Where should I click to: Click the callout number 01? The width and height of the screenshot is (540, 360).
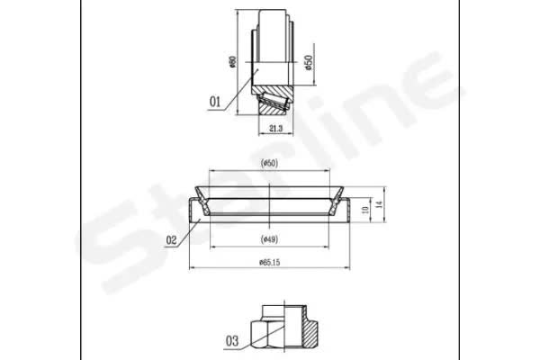pyautogui.click(x=215, y=102)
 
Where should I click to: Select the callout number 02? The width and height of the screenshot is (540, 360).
pyautogui.click(x=171, y=240)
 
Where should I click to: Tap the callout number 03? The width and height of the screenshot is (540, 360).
pyautogui.click(x=232, y=341)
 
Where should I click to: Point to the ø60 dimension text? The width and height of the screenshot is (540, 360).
pyautogui.click(x=233, y=62)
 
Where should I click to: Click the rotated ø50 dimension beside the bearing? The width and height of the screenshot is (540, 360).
pyautogui.click(x=309, y=62)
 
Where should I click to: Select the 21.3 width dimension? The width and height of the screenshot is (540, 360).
pyautogui.click(x=276, y=129)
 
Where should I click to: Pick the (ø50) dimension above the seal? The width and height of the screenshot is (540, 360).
pyautogui.click(x=269, y=163)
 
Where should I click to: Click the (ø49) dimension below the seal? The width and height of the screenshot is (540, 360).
pyautogui.click(x=269, y=238)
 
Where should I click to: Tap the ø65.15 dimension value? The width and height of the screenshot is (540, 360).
pyautogui.click(x=270, y=263)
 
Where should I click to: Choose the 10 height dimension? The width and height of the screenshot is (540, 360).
pyautogui.click(x=366, y=209)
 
